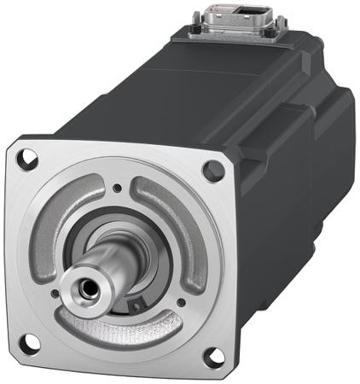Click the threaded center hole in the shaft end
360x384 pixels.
coord(84,280)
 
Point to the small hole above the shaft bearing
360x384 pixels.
coord(116,186)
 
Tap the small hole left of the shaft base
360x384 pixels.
coord(55,292)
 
